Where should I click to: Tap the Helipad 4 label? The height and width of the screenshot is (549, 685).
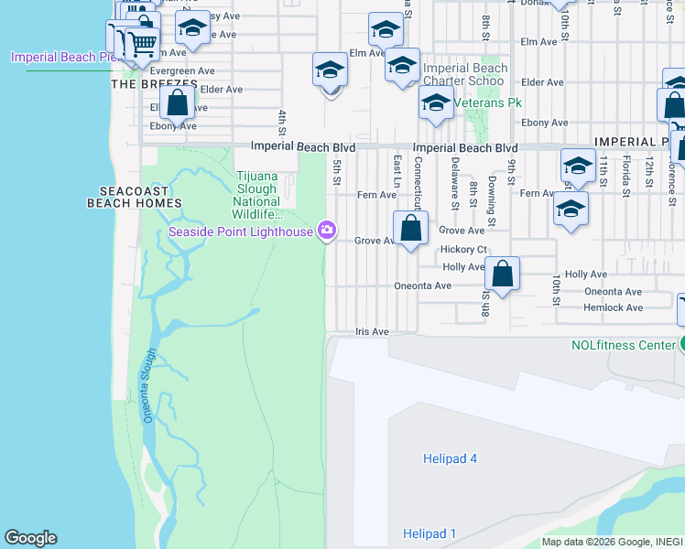[x=451, y=458]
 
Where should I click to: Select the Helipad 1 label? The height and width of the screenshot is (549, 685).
[x=429, y=533]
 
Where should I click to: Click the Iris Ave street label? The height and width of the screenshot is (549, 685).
[x=372, y=331]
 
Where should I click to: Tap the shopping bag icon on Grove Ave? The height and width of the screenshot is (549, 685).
[x=411, y=229]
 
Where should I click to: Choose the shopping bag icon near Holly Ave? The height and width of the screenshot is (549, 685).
[x=503, y=273]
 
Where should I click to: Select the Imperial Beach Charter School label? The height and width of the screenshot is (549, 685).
[x=465, y=74]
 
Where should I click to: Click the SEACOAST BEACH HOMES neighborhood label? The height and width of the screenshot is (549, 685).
[x=135, y=197]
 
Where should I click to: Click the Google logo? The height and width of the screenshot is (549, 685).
[x=30, y=538]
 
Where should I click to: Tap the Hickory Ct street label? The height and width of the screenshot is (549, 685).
[x=463, y=249]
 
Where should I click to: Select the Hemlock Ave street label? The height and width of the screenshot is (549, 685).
[x=613, y=307]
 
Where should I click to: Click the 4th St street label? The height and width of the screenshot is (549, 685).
[x=283, y=120]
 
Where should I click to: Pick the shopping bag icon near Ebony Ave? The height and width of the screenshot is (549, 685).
[x=178, y=103]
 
